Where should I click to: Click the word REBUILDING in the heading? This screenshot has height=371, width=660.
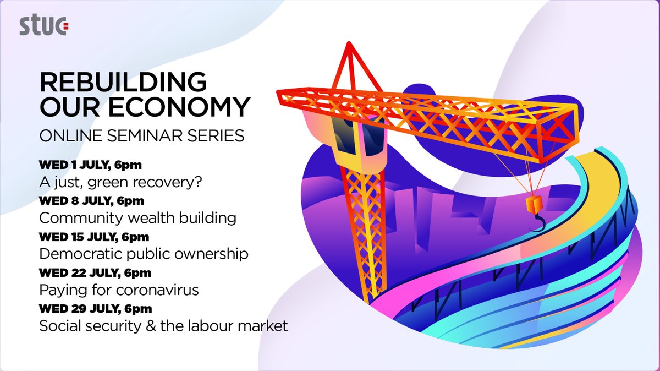[x=123, y=83]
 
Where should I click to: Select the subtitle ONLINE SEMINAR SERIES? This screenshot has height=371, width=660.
[x=142, y=135]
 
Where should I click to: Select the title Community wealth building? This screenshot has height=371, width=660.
[x=137, y=218]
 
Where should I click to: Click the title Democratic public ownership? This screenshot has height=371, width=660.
[x=144, y=254]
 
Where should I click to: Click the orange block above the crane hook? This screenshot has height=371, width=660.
[x=533, y=205]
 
